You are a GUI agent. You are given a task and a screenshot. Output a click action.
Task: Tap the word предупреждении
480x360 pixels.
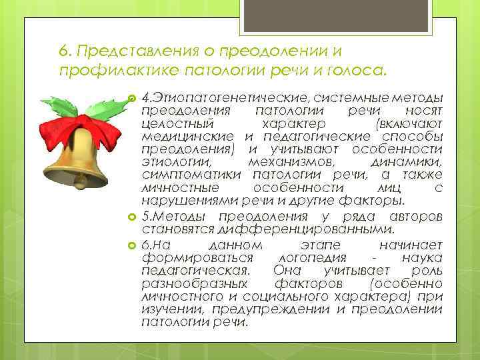pos(273,309)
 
